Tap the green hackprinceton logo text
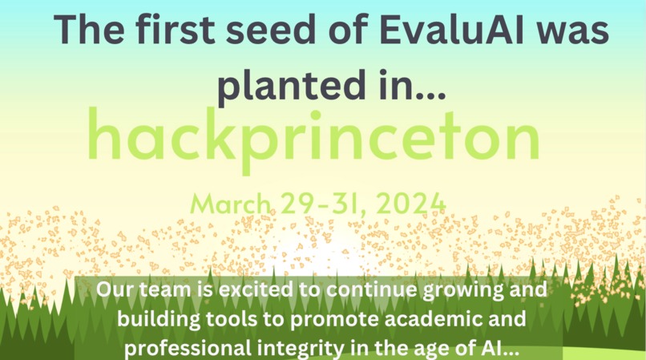point(313,138)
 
